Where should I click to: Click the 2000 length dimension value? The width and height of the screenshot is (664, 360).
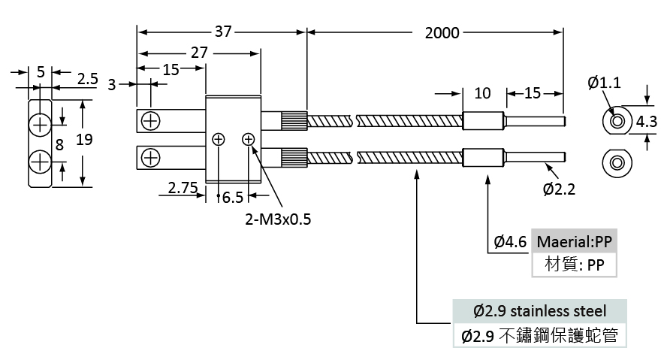[x=442, y=32]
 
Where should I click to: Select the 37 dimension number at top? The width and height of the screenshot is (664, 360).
[x=223, y=32]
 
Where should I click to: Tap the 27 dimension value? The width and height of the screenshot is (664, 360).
[x=199, y=53]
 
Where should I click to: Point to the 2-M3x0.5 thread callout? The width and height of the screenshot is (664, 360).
[x=278, y=219]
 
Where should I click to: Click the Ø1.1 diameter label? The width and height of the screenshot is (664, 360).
[x=605, y=82]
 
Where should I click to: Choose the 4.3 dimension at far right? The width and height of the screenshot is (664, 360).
[x=646, y=122]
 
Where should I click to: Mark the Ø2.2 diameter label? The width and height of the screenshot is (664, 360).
[x=559, y=189]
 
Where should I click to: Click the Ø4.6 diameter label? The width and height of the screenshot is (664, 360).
[x=510, y=241]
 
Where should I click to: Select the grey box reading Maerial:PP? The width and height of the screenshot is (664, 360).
[x=574, y=241]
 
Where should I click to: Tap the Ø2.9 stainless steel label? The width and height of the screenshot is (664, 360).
[x=540, y=311]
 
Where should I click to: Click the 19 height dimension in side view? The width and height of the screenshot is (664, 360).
[x=84, y=139]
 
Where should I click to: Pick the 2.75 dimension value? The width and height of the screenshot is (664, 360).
[x=183, y=188]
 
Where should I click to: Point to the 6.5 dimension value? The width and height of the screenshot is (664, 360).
[x=233, y=198]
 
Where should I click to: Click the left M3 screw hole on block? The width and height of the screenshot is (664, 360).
[x=218, y=139]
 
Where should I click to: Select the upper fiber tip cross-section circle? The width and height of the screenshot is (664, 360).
[x=617, y=121]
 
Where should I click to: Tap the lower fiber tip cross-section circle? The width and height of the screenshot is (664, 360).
[x=617, y=162]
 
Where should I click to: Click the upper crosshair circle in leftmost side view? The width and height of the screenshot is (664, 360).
[x=40, y=125]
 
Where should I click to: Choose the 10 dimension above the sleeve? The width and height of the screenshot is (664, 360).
[x=482, y=93]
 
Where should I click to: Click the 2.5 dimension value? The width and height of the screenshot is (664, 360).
[x=88, y=79]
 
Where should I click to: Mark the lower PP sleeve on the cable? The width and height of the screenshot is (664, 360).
[x=483, y=158]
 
